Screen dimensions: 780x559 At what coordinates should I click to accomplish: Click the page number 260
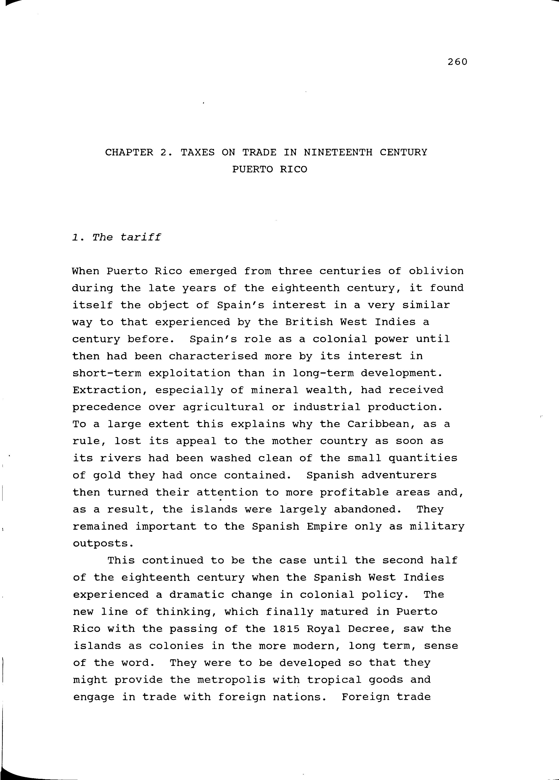tap(457, 62)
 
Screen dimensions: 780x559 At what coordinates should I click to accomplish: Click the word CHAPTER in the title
tap(129, 152)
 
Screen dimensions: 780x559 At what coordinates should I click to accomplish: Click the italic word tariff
tap(141, 238)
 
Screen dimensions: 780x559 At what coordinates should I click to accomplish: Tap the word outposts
tap(102, 544)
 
